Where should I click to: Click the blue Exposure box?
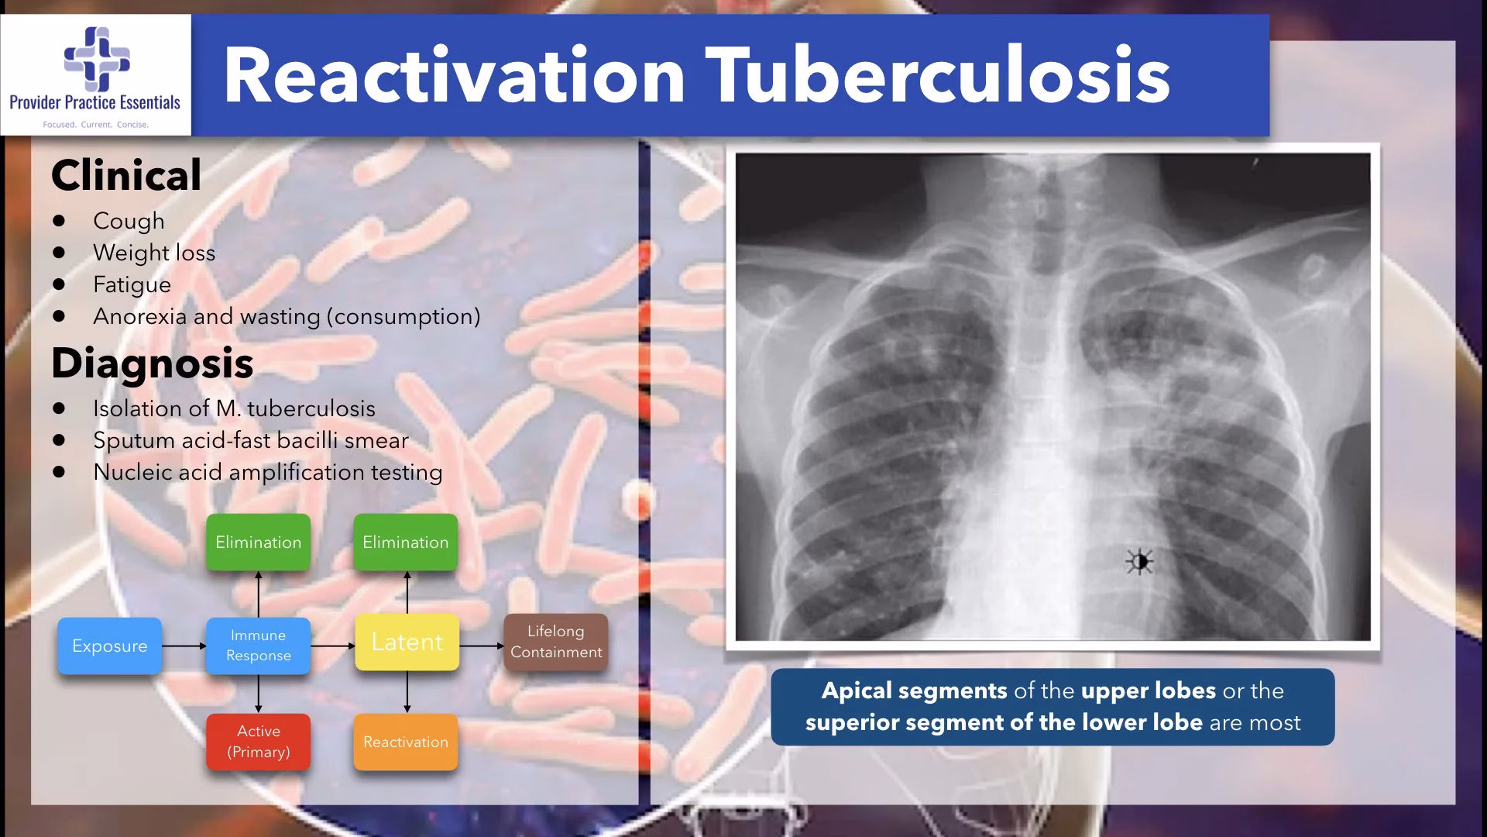click(109, 646)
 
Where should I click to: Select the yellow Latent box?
click(407, 642)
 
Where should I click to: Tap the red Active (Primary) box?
click(258, 742)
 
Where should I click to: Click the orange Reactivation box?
click(406, 742)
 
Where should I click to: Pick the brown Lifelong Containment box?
click(556, 642)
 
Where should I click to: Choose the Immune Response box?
click(258, 646)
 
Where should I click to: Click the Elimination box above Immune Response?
click(258, 542)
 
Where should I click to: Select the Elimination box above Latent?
click(406, 542)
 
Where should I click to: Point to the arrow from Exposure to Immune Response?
click(184, 646)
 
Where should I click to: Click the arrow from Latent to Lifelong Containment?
click(482, 646)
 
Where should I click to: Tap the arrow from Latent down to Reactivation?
click(407, 692)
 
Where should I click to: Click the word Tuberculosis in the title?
click(938, 75)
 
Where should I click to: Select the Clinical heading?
click(126, 175)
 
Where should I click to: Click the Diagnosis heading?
click(153, 363)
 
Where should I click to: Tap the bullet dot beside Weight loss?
click(60, 253)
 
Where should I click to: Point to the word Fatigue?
click(132, 284)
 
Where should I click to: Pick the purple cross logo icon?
click(97, 59)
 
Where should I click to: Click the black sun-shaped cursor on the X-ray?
click(1139, 562)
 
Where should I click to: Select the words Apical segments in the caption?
click(914, 691)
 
